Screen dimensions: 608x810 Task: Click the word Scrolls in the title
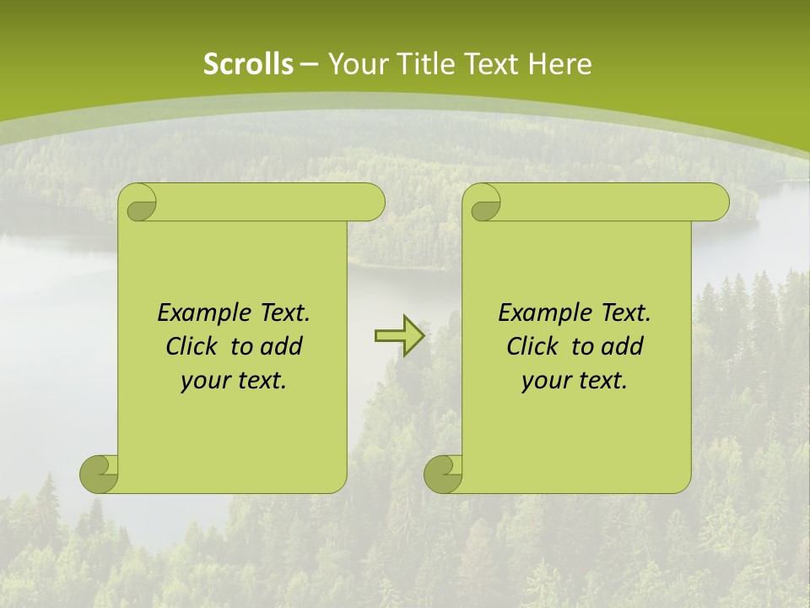[x=248, y=64]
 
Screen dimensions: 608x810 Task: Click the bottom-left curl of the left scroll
[x=100, y=474]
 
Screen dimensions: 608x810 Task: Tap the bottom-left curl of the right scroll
[x=444, y=474]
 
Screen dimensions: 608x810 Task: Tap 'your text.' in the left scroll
[x=234, y=381]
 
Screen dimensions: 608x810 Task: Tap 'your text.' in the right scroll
[x=575, y=381]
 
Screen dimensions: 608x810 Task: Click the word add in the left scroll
[x=281, y=346]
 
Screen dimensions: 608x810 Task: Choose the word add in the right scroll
[x=622, y=346]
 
